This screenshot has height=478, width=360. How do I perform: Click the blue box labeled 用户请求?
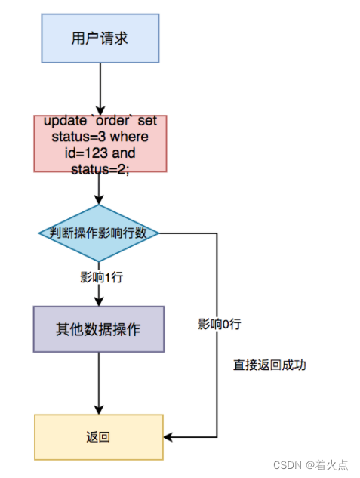pyautogui.click(x=100, y=39)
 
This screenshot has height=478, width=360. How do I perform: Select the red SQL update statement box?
pyautogui.click(x=100, y=143)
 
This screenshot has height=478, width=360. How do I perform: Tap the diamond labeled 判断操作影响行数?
pyautogui.click(x=99, y=233)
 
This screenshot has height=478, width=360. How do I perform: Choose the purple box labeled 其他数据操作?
pyautogui.click(x=99, y=329)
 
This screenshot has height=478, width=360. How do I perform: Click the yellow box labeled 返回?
pyautogui.click(x=99, y=437)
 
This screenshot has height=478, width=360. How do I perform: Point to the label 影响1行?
pyautogui.click(x=101, y=277)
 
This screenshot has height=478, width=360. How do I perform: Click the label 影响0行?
pyautogui.click(x=220, y=324)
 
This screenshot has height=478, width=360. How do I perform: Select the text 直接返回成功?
pyautogui.click(x=269, y=365)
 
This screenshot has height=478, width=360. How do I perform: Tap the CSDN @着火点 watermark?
pyautogui.click(x=310, y=465)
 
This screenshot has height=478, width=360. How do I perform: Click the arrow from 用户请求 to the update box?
pyautogui.click(x=100, y=89)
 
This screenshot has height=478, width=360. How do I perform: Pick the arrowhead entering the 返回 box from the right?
pyautogui.click(x=168, y=437)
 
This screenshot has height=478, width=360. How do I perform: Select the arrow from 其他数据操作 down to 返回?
pyautogui.click(x=99, y=384)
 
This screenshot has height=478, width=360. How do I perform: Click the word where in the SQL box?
pyautogui.click(x=129, y=137)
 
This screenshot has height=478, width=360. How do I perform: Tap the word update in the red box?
pyautogui.click(x=65, y=121)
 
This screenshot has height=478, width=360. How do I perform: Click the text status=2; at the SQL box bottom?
pyautogui.click(x=100, y=169)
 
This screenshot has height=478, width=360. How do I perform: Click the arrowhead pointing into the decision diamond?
pyautogui.click(x=99, y=200)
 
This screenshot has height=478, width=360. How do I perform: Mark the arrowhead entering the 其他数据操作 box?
pyautogui.click(x=99, y=301)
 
